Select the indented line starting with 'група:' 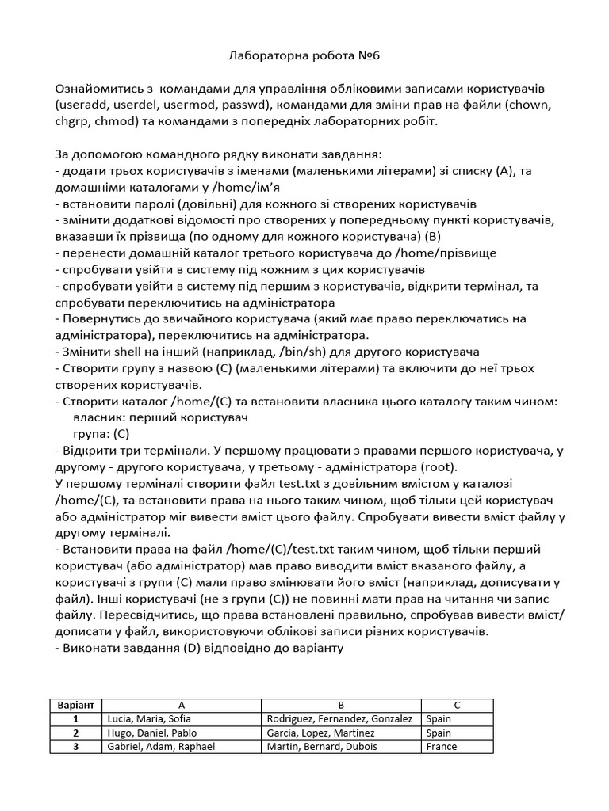point(101,434)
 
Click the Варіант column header point(76,705)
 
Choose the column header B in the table point(339,705)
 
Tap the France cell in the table point(442,746)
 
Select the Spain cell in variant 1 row point(441,718)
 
